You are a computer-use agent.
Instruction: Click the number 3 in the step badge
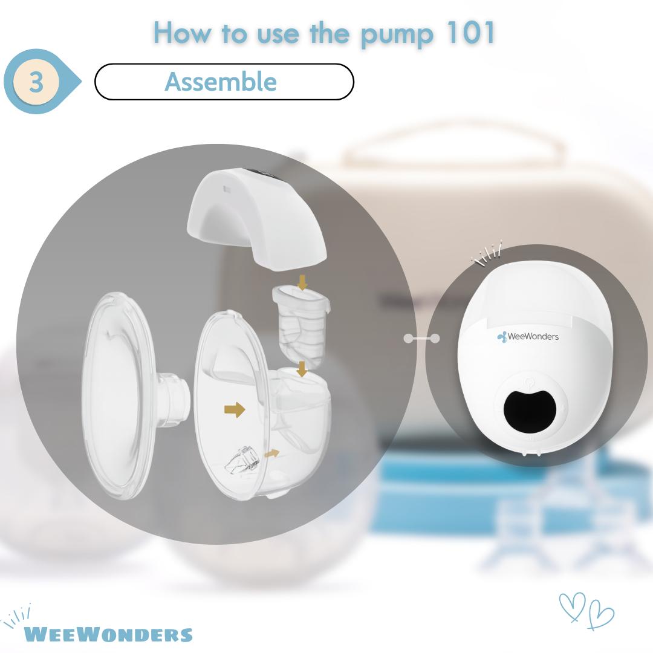[37, 81]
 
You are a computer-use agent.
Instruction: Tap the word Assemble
[221, 81]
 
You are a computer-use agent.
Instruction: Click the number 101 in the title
[470, 32]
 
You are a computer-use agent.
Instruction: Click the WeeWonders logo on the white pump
[528, 337]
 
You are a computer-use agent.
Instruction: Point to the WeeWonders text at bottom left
[108, 634]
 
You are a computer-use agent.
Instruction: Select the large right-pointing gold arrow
[235, 409]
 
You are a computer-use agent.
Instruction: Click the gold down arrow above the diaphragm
[303, 282]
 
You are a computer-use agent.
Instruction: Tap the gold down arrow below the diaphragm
[302, 369]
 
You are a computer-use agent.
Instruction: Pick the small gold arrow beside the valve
[272, 453]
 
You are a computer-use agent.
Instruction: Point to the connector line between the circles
[421, 338]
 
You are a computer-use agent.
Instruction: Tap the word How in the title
[183, 32]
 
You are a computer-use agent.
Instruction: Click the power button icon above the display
[529, 381]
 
